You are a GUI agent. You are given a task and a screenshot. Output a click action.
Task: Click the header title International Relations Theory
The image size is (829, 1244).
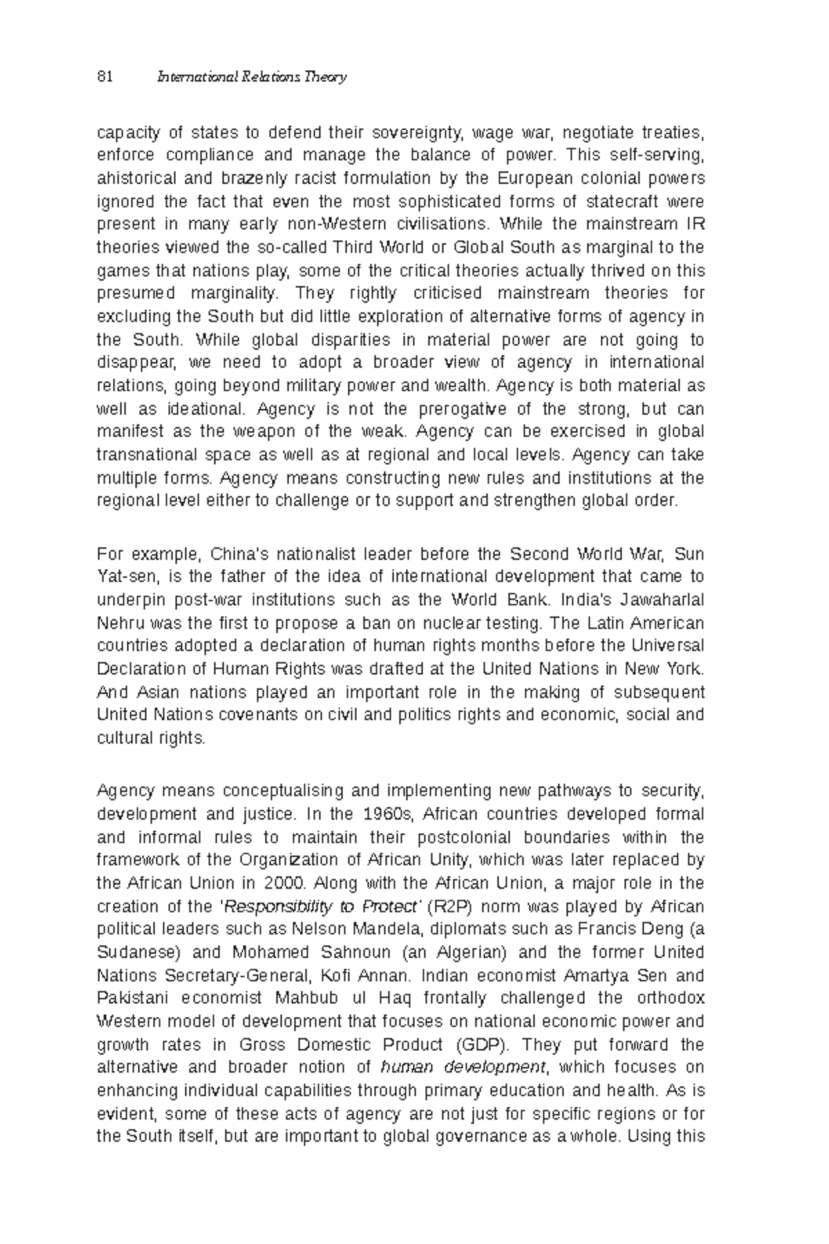click(252, 77)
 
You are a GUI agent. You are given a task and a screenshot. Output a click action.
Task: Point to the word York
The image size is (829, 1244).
click(685, 669)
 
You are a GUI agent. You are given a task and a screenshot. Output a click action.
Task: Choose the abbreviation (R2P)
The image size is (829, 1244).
click(451, 907)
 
